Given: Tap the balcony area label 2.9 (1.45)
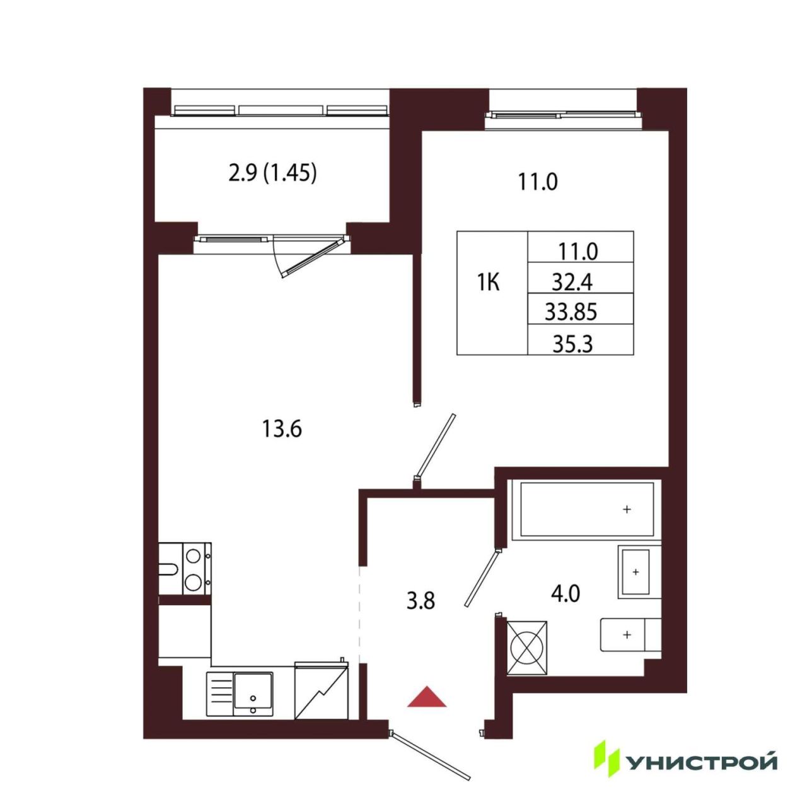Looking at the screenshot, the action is tap(272, 173).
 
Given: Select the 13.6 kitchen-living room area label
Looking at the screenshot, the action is tap(282, 429).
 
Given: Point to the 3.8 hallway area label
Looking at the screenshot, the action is tap(421, 601).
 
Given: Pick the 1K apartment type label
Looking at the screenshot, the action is tap(489, 283).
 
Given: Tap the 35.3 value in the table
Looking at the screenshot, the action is tap(572, 345).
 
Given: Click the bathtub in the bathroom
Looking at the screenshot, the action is tap(586, 509).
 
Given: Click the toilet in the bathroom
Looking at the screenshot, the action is tap(630, 635).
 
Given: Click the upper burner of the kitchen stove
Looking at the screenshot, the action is tap(193, 556).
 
